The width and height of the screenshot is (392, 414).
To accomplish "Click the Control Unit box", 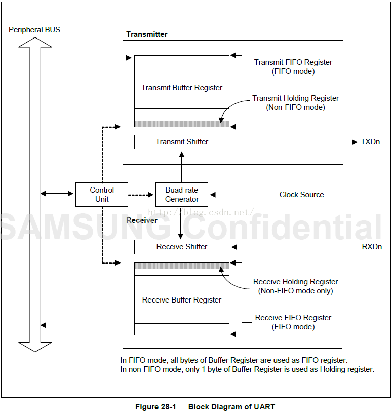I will pyautogui.click(x=102, y=195).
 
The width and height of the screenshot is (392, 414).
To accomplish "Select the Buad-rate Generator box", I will pyautogui.click(x=182, y=195).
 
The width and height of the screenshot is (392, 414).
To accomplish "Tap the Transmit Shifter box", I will pyautogui.click(x=182, y=142).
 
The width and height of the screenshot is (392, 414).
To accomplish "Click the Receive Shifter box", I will pyautogui.click(x=182, y=247).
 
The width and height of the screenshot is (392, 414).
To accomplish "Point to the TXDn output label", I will pyautogui.click(x=370, y=142).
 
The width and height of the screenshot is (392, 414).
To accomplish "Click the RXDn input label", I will pyautogui.click(x=371, y=247).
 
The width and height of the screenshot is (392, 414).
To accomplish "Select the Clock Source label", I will pyautogui.click(x=301, y=195).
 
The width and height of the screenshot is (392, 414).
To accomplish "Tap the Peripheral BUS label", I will pyautogui.click(x=34, y=30).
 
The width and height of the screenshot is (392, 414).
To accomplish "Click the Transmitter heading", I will pyautogui.click(x=147, y=34).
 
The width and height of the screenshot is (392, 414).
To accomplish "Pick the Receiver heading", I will pyautogui.click(x=142, y=220).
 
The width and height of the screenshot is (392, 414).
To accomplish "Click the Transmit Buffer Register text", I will pyautogui.click(x=182, y=88).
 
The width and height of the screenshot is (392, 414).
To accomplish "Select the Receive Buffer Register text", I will pyautogui.click(x=182, y=300).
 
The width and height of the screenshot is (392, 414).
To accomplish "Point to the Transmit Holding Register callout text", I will pyautogui.click(x=296, y=103).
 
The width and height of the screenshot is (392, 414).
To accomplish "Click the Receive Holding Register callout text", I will pyautogui.click(x=296, y=286).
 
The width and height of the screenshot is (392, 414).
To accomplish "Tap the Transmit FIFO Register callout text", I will pyautogui.click(x=293, y=67).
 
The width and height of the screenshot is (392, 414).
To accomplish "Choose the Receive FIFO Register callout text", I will pyautogui.click(x=293, y=322).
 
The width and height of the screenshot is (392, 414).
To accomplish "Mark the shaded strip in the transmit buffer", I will pyautogui.click(x=182, y=124).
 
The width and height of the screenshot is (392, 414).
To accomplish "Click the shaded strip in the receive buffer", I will pyautogui.click(x=182, y=266).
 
